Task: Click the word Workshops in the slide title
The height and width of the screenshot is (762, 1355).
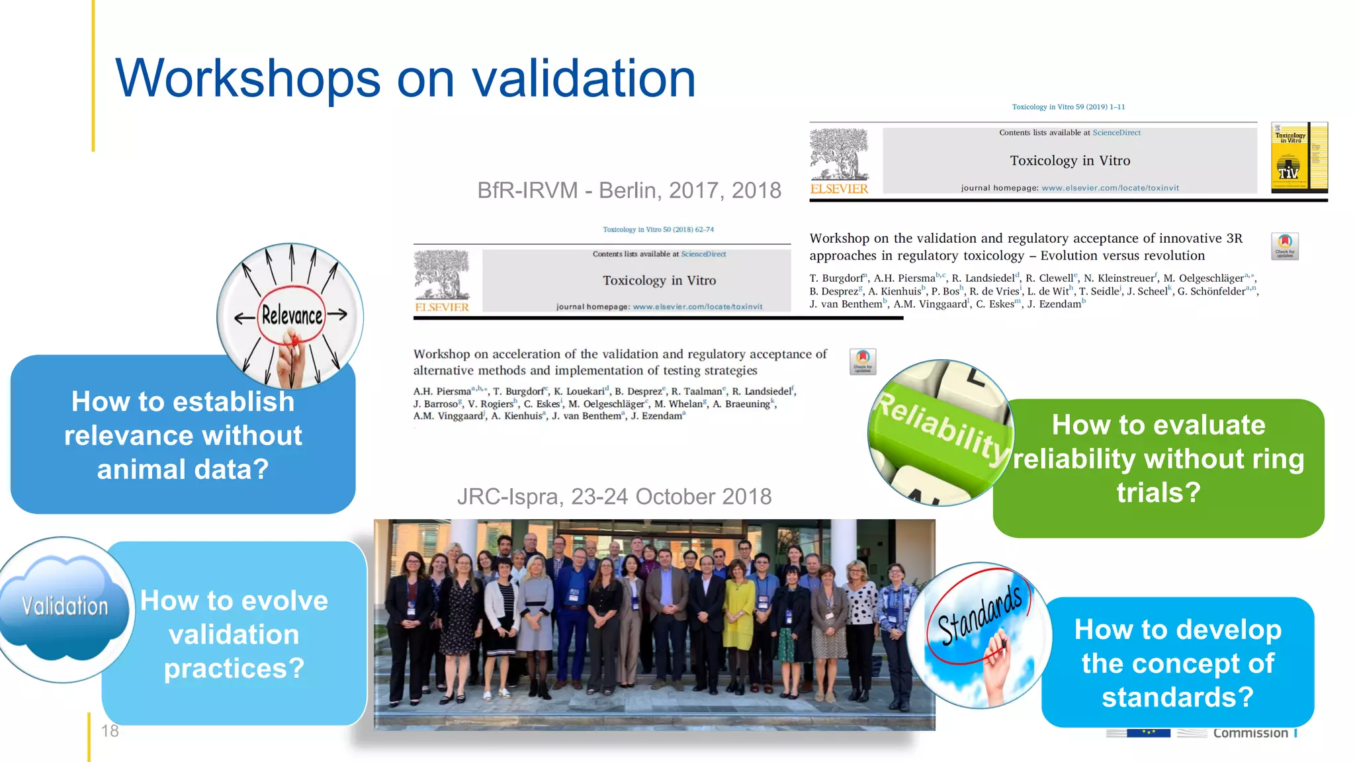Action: [x=248, y=79]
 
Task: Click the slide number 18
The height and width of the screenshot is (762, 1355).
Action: [x=110, y=731]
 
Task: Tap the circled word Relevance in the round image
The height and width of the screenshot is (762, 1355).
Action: [x=292, y=316]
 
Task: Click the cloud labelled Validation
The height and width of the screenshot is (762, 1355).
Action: [x=65, y=605]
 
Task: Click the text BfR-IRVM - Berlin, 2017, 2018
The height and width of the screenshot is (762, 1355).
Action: [x=629, y=190]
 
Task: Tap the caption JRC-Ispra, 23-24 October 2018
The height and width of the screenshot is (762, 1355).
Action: [x=614, y=497]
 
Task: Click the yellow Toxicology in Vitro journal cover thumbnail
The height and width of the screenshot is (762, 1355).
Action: [x=1299, y=157]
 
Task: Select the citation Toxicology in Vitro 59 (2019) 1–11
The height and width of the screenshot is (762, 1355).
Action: [x=1068, y=106]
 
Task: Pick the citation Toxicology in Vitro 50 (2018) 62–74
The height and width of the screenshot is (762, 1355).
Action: [x=658, y=230]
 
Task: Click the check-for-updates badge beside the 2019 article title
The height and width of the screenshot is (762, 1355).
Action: [x=1285, y=246]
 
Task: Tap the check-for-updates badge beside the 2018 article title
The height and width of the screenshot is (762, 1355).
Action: [x=863, y=361]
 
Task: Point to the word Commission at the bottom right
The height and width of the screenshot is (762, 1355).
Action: [x=1250, y=733]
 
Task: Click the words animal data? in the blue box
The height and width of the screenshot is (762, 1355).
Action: [x=183, y=470]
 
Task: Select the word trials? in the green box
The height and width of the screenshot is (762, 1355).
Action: [x=1158, y=493]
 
